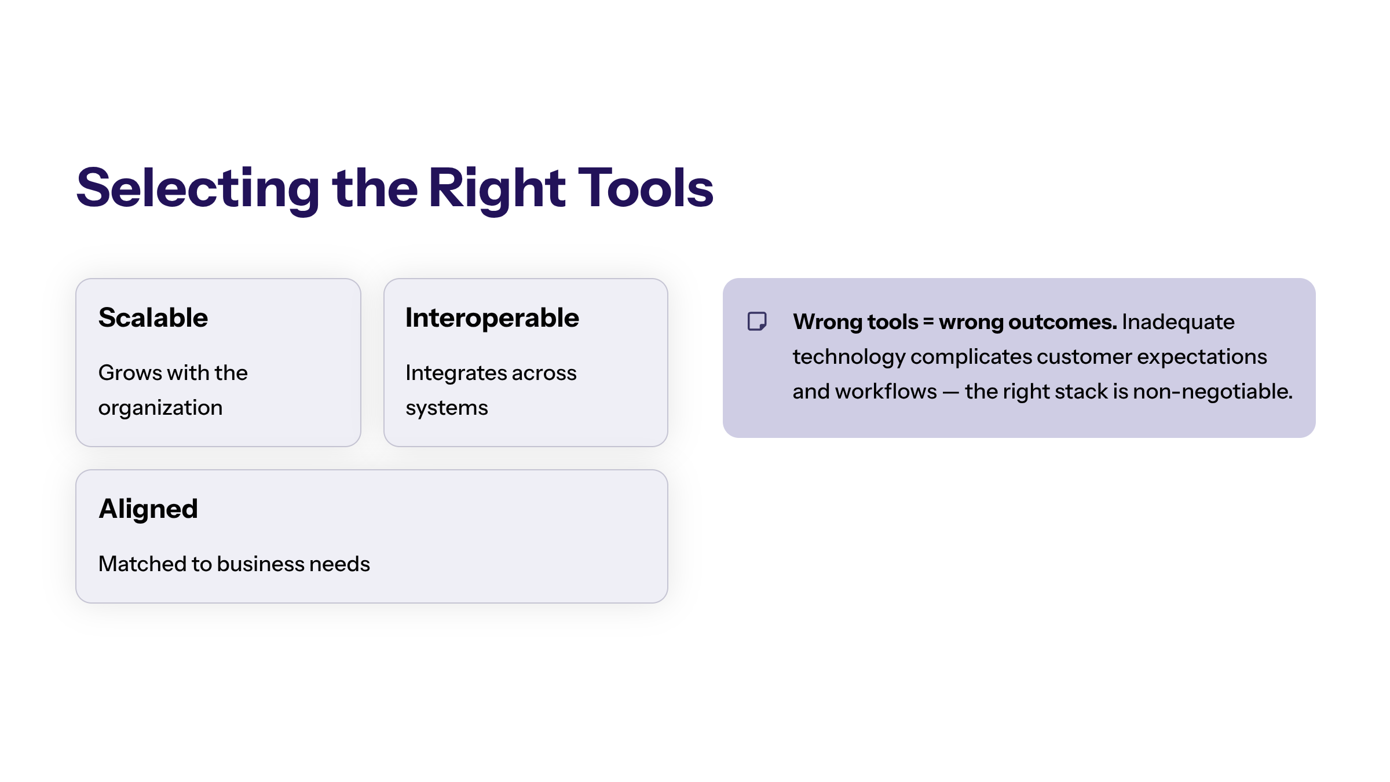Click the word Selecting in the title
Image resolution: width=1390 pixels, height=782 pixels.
(198, 189)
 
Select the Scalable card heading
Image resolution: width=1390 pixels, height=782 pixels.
(153, 317)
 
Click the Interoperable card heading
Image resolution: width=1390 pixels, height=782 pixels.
(492, 318)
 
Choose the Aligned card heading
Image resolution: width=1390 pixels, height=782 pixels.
(148, 510)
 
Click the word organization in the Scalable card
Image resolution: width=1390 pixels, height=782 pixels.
(160, 408)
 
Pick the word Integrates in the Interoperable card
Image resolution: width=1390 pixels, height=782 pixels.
(449, 374)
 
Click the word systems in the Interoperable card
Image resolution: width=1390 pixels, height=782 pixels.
(447, 408)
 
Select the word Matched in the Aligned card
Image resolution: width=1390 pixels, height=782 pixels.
(142, 564)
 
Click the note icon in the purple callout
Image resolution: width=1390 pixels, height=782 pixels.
(757, 321)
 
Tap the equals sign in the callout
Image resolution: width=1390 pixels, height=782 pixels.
(928, 322)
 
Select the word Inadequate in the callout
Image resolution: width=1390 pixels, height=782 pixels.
(1178, 322)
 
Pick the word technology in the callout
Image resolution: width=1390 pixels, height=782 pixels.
(849, 357)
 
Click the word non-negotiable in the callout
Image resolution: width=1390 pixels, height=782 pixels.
(1213, 392)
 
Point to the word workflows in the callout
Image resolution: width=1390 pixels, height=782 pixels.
(886, 392)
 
